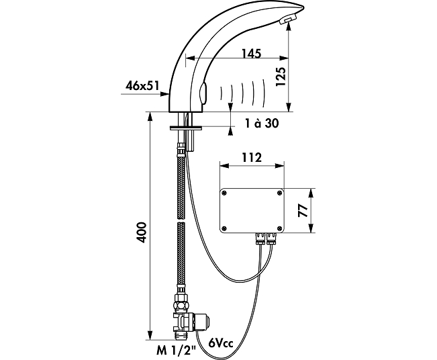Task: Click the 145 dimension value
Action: (251, 53)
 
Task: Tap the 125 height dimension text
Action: (281, 77)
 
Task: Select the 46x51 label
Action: (142, 85)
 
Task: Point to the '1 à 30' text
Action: (262, 123)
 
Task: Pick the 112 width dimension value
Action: (252, 158)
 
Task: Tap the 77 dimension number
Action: (303, 210)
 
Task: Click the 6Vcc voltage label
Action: (220, 343)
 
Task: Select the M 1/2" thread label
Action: (176, 351)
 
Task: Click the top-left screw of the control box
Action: (224, 193)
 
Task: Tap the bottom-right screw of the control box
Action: (279, 228)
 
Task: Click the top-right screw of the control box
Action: (279, 193)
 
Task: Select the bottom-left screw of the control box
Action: (224, 228)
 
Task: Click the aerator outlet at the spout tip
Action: (287, 20)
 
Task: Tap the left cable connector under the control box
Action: (260, 238)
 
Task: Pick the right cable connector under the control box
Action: (271, 238)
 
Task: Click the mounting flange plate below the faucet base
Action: (186, 128)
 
